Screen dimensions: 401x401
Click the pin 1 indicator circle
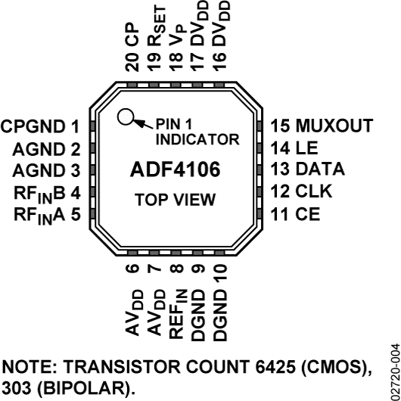(126, 117)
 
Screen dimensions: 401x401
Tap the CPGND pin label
(33, 126)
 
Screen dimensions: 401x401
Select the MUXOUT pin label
(334, 126)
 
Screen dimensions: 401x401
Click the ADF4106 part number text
(176, 169)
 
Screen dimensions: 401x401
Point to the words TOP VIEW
(176, 200)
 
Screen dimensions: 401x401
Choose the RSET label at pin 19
(157, 26)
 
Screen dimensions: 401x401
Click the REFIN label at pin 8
(178, 314)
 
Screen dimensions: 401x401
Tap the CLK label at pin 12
(314, 191)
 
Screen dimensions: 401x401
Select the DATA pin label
(320, 169)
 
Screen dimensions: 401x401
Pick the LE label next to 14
(307, 148)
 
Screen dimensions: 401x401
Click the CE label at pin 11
(308, 214)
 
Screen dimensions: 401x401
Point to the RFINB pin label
(39, 194)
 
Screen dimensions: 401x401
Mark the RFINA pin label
(39, 216)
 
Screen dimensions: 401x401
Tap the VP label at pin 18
(177, 35)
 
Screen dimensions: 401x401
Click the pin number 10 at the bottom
(220, 273)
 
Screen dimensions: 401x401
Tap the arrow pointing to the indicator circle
(143, 124)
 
